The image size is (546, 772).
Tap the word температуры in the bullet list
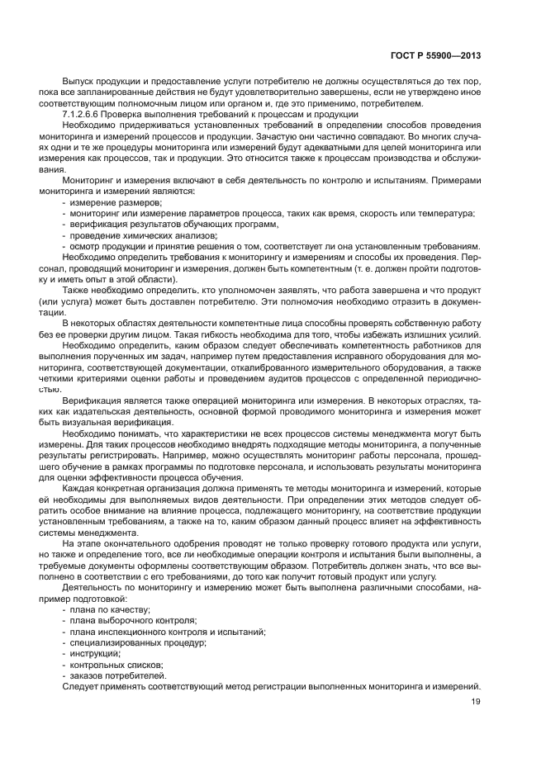pos(449,213)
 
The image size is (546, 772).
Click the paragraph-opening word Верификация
pos(89,399)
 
